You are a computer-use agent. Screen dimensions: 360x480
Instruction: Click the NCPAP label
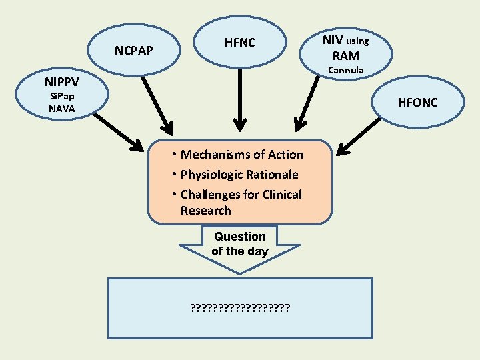click(133, 51)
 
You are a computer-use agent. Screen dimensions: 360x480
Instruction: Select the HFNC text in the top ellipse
click(239, 43)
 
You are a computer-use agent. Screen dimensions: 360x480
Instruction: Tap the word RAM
click(345, 55)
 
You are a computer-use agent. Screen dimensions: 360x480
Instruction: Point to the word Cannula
click(345, 70)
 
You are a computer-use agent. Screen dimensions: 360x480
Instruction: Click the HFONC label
click(417, 103)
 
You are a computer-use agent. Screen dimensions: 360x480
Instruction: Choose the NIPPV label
click(61, 83)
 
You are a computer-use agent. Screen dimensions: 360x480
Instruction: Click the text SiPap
click(61, 97)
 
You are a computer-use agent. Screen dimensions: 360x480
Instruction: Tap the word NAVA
click(61, 108)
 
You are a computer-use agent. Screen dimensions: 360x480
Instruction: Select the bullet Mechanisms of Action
click(241, 155)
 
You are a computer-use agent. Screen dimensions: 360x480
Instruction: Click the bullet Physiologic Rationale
click(239, 175)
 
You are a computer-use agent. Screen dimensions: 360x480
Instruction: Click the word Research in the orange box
click(205, 211)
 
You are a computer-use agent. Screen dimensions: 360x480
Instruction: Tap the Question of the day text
click(239, 244)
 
